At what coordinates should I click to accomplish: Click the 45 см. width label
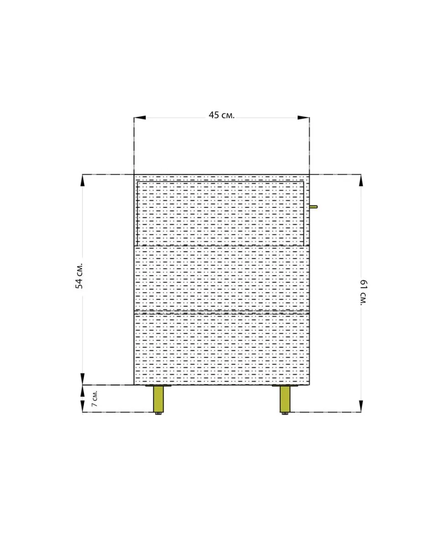pos(221,115)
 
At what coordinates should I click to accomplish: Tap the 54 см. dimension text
pos(79,276)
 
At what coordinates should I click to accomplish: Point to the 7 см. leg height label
pos(94,398)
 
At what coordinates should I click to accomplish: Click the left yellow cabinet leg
pos(158,399)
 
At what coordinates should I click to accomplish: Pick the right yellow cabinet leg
pos(285,399)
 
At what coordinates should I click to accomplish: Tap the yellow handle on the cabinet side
pos(313,206)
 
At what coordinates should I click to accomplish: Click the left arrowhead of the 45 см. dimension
pos(140,118)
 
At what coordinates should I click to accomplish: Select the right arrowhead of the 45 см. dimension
pos(303,118)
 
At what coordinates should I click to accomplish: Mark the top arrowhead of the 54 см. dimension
pos(82,180)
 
